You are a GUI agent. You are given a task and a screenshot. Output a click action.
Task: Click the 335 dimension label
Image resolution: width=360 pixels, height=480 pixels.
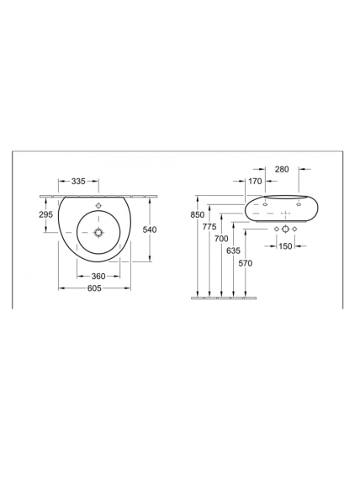click(x=78, y=182)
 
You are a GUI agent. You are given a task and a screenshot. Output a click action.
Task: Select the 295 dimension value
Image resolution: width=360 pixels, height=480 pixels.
click(x=45, y=214)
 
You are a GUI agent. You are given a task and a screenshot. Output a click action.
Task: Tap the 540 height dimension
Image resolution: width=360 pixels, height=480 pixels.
click(x=150, y=229)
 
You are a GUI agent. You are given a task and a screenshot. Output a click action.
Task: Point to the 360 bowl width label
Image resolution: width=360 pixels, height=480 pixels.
click(x=98, y=277)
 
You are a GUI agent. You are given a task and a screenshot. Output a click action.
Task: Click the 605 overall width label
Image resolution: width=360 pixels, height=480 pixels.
click(x=94, y=288)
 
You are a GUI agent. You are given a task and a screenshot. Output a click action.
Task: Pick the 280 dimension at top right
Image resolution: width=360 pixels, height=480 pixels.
click(x=282, y=169)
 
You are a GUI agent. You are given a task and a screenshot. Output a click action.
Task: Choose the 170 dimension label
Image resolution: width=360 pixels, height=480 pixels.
click(x=255, y=182)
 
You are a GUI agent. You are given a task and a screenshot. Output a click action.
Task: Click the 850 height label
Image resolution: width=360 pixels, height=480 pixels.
click(x=198, y=214)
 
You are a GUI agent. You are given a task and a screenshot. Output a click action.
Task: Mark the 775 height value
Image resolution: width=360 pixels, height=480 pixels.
click(x=209, y=226)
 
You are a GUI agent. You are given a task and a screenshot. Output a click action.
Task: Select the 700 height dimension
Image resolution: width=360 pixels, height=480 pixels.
click(x=221, y=239)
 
